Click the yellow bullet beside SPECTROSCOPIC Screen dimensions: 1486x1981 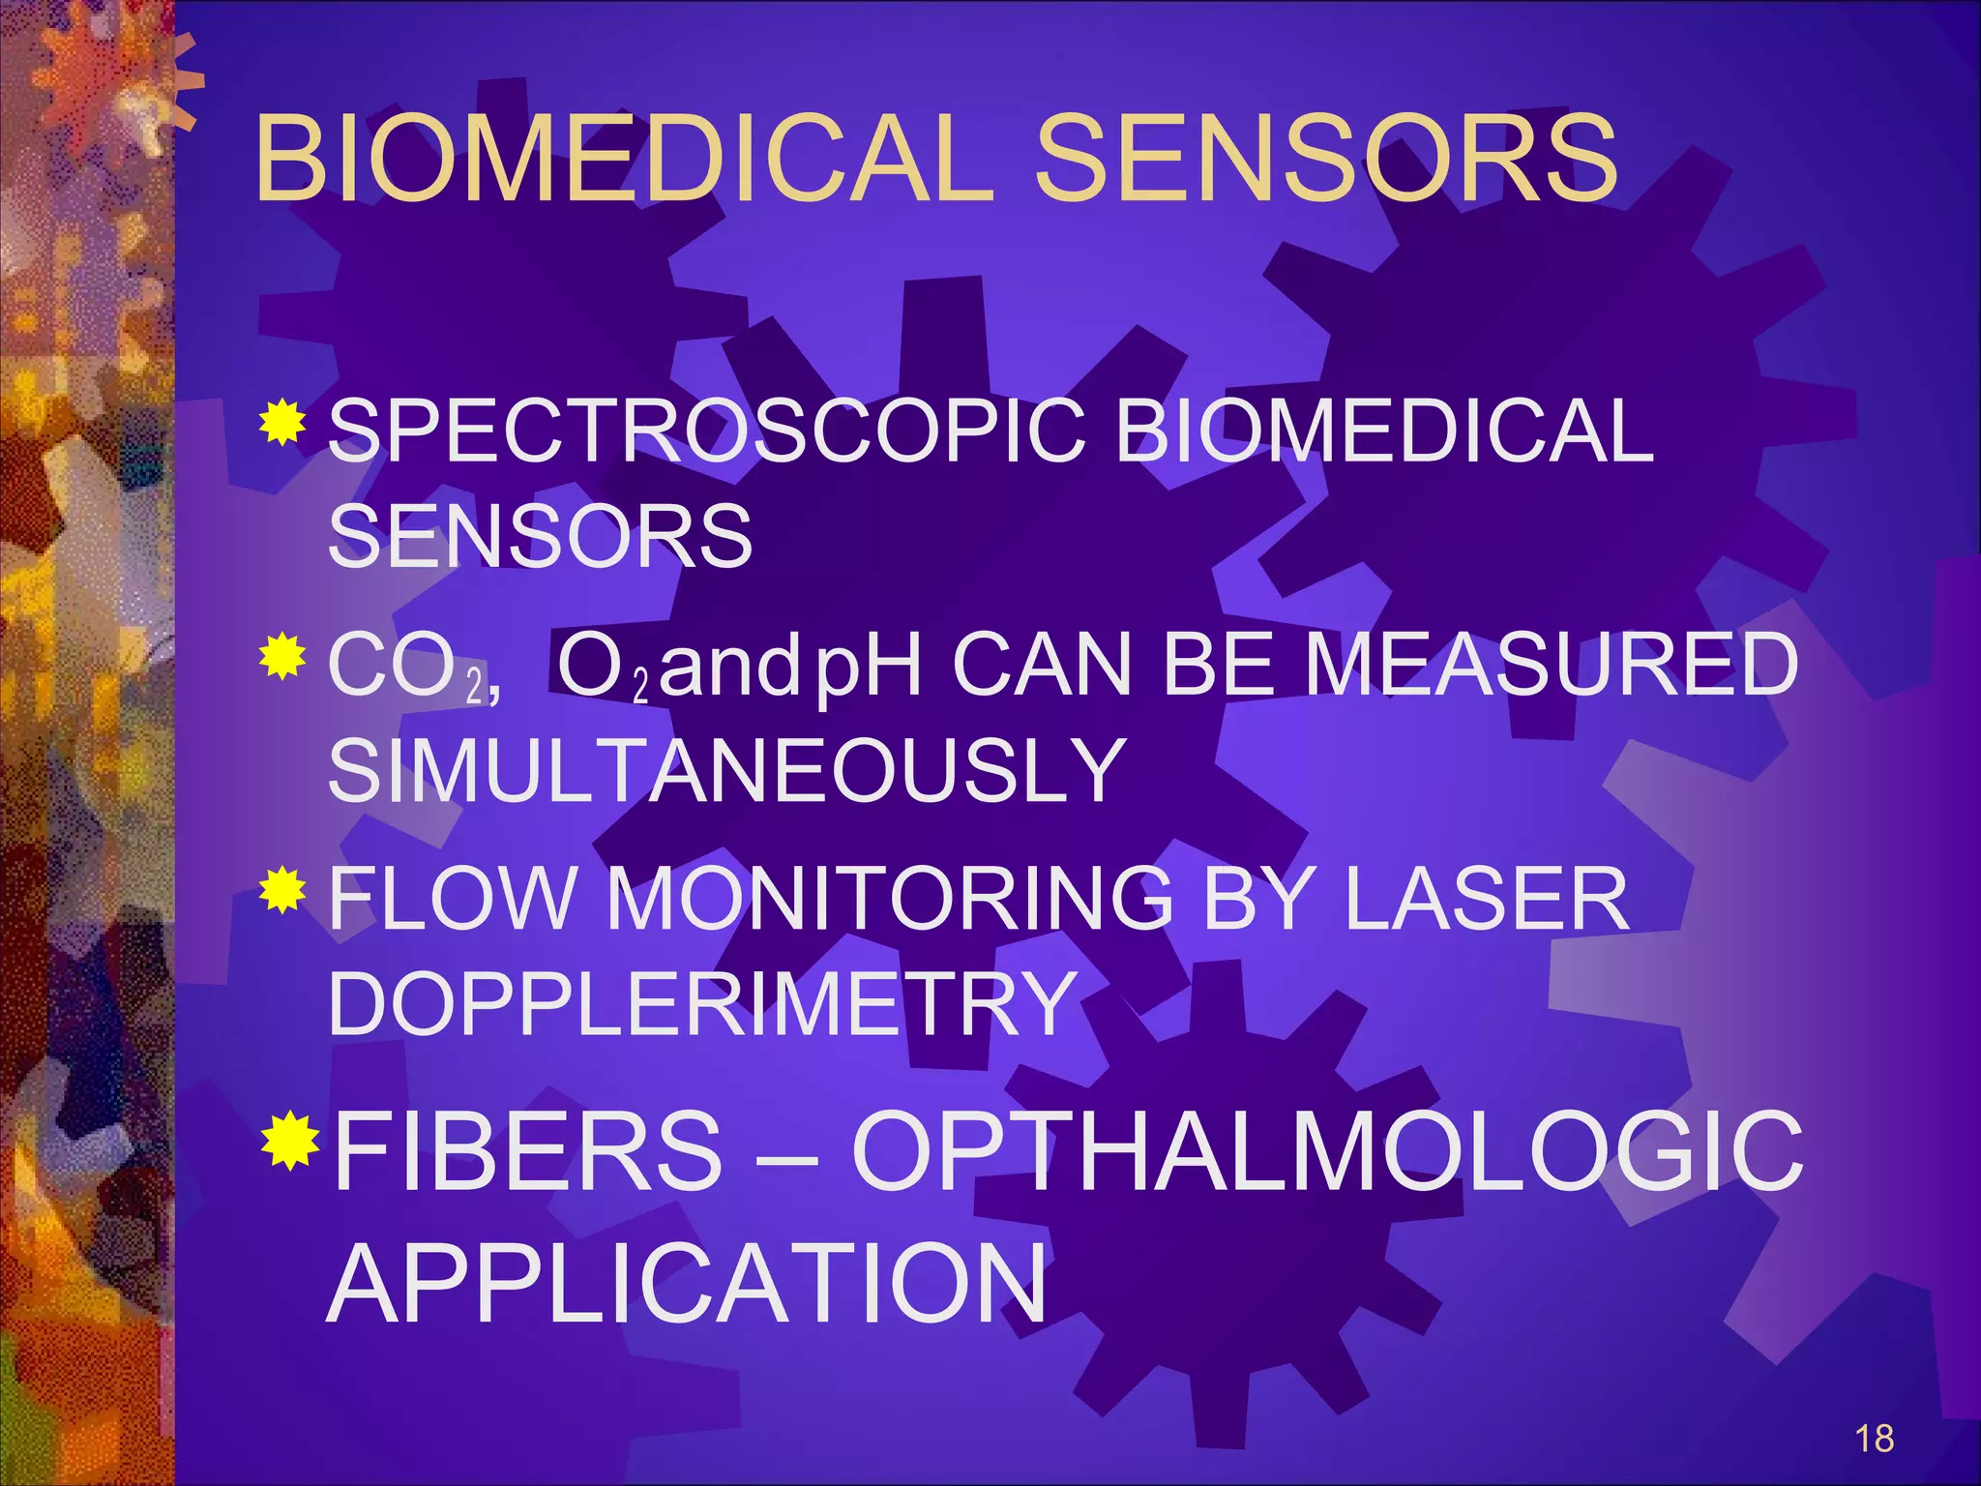[282, 422]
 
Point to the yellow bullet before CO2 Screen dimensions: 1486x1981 [282, 657]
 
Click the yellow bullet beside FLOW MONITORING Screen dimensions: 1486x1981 [282, 891]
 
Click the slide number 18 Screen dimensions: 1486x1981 [1874, 1439]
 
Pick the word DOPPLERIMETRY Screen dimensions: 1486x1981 [703, 1003]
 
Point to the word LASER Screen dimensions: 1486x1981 [1486, 899]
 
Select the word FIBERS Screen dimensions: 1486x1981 [528, 1151]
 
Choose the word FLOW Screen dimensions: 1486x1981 [452, 899]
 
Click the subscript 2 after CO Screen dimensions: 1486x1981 [474, 687]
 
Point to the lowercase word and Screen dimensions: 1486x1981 [730, 666]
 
